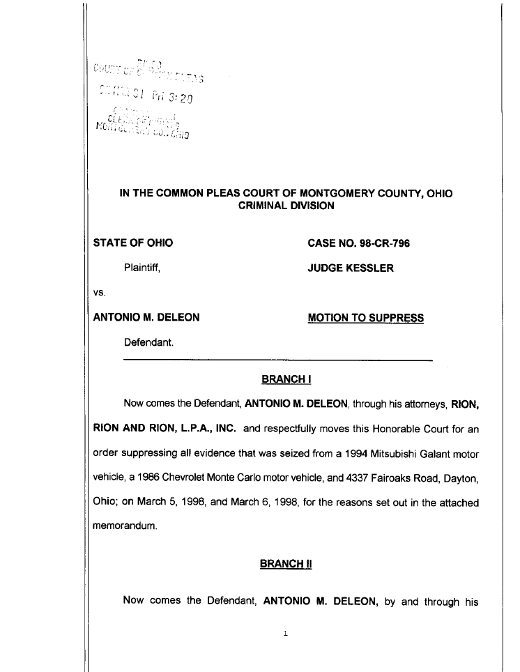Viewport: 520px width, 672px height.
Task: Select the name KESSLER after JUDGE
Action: (369, 268)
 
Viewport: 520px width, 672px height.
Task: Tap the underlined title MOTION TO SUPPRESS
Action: (365, 318)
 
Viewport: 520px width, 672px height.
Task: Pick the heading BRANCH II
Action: (286, 563)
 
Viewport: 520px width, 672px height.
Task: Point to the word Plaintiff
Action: (142, 268)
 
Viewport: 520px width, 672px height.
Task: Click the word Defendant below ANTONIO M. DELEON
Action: (148, 343)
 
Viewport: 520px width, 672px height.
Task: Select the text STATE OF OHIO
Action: (133, 243)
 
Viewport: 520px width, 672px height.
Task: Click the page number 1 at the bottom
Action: (286, 634)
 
